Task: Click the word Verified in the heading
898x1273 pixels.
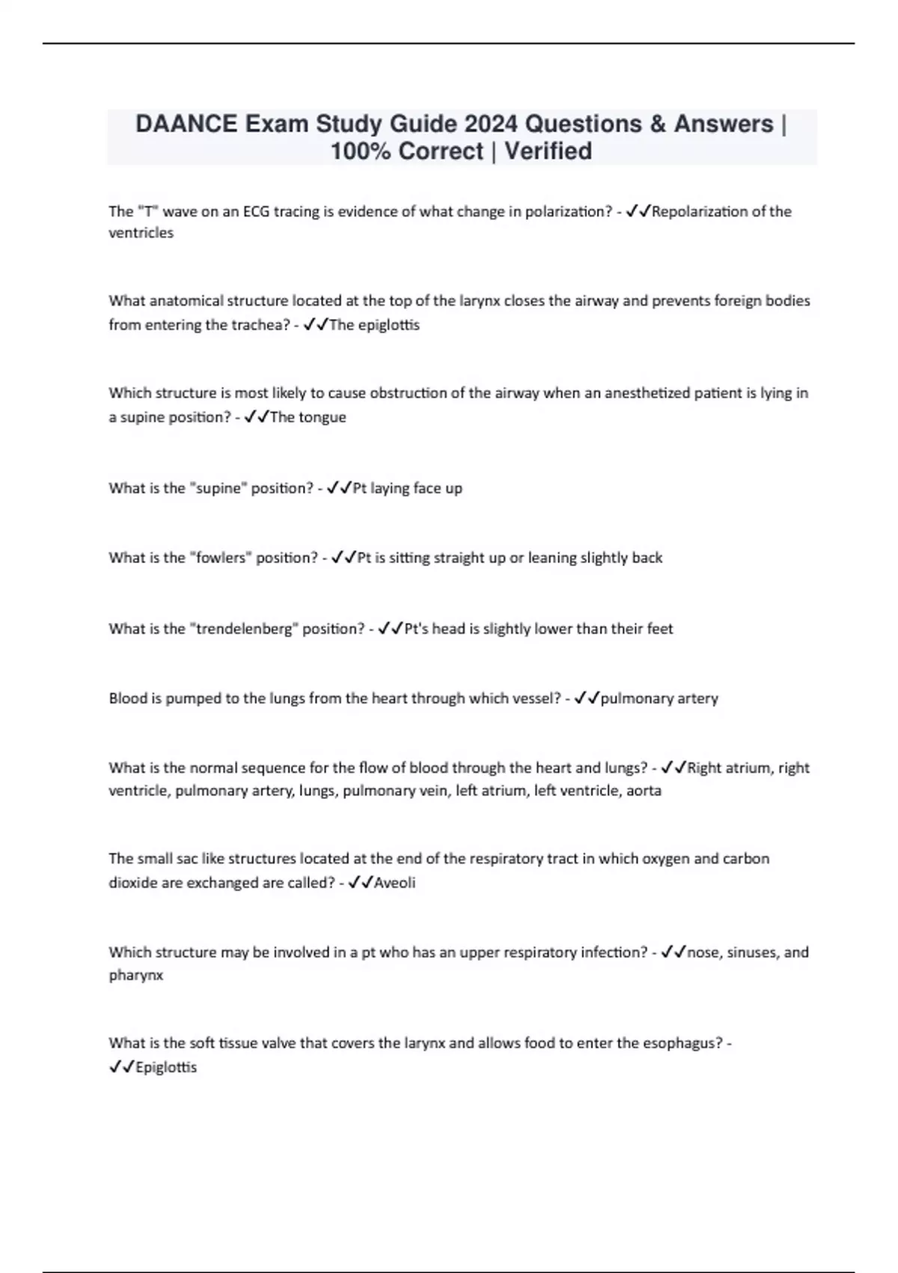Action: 548,151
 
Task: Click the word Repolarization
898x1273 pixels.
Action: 700,212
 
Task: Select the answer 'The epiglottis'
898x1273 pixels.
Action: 374,325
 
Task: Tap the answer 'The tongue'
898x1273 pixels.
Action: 308,417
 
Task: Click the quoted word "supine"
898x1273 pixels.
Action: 218,488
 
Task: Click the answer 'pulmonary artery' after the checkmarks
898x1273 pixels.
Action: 659,699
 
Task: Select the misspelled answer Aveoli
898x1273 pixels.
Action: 394,883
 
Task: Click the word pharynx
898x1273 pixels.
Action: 135,976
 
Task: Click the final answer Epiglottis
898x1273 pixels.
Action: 166,1068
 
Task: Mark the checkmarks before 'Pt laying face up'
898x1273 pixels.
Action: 340,488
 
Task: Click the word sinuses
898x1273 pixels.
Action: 749,953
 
